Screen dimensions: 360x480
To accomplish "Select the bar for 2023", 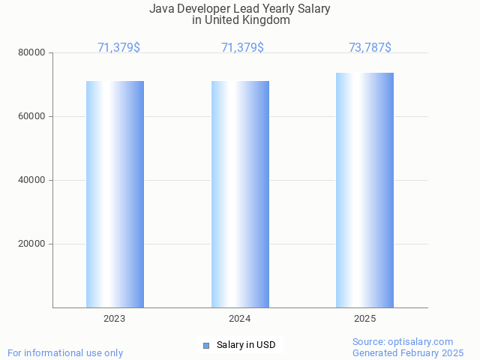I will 115,194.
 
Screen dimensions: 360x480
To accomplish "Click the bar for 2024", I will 240,194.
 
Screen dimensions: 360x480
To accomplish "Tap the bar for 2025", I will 364,190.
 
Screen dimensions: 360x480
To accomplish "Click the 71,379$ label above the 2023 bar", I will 118,48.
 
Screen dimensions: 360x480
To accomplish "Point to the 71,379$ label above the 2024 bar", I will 242,48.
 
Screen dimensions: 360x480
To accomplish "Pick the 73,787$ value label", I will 370,48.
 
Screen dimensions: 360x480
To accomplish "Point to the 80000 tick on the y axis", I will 32,53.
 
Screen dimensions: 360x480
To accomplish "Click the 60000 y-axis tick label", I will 32,117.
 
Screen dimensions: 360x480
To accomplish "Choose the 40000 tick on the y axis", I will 32,181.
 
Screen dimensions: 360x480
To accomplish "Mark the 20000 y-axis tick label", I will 32,244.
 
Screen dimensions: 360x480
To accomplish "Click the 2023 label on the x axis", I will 115,319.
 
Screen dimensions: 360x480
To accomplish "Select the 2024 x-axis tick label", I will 240,319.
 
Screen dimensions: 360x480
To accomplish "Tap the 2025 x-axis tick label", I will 365,319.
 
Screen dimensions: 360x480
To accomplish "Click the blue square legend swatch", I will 205,346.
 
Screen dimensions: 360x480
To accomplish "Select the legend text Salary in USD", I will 246,346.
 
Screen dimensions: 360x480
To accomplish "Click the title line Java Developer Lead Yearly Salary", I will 240,9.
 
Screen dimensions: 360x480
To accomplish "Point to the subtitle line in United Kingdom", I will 240,20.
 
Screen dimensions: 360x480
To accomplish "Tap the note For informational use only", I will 65,353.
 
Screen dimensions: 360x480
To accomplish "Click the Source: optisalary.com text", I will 403,342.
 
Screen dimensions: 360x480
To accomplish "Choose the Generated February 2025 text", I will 408,353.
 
